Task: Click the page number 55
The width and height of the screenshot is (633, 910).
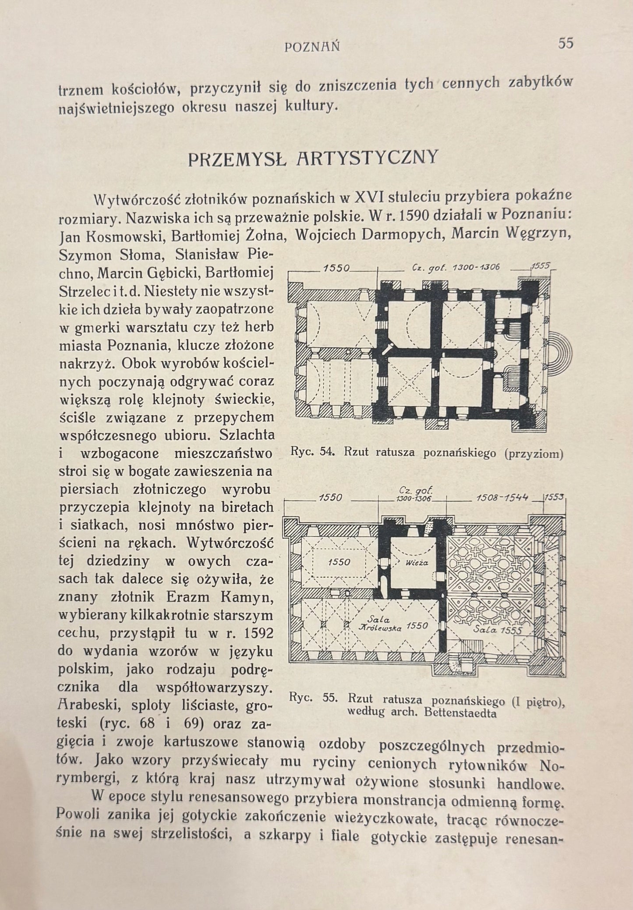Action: pos(566,44)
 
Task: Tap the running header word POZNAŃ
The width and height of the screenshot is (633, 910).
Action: pos(312,46)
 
